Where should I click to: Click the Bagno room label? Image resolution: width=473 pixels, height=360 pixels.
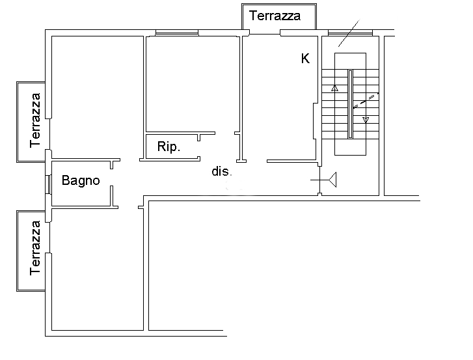click(x=81, y=180)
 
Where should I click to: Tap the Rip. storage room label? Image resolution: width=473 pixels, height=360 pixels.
click(x=169, y=146)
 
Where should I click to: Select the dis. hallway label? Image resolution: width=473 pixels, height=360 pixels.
click(x=222, y=171)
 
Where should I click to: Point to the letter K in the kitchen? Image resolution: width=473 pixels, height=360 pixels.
click(x=305, y=59)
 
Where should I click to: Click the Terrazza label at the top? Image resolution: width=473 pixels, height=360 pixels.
click(x=275, y=16)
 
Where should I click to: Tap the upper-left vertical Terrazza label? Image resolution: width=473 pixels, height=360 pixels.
click(x=35, y=120)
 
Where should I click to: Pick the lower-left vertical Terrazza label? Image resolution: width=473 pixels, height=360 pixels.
click(x=35, y=248)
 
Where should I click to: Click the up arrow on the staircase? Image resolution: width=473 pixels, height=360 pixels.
click(x=334, y=88)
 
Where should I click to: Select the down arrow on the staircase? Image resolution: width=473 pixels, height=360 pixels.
click(x=366, y=120)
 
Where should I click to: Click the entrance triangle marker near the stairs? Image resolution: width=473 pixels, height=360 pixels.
click(x=332, y=180)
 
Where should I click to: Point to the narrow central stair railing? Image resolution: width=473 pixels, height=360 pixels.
click(x=350, y=104)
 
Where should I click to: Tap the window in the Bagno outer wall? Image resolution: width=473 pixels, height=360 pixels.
click(x=47, y=184)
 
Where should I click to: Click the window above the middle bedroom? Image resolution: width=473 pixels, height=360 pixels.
click(x=177, y=33)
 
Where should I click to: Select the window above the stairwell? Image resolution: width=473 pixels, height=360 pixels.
click(x=350, y=33)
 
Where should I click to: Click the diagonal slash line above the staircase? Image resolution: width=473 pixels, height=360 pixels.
click(x=349, y=33)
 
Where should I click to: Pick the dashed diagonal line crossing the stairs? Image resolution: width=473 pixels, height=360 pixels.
click(x=366, y=100)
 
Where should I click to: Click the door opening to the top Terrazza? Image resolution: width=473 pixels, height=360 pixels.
click(x=265, y=33)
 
